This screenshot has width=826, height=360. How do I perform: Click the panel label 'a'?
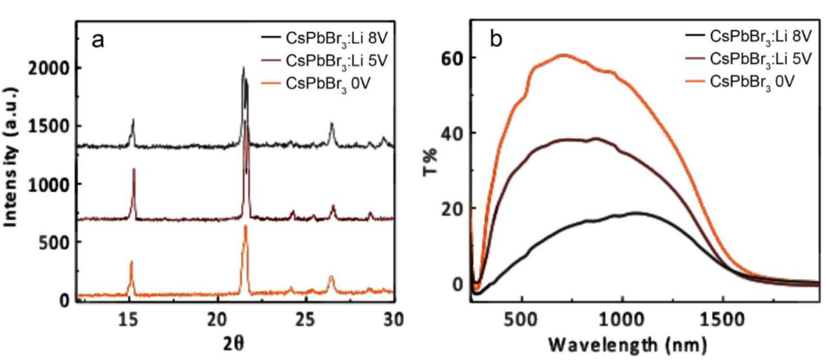point(98,41)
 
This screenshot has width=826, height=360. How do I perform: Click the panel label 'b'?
point(496,40)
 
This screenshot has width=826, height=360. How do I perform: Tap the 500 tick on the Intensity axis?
point(57,242)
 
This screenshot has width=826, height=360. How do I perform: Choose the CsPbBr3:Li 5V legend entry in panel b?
point(752,58)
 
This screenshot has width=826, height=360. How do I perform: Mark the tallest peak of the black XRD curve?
point(243,68)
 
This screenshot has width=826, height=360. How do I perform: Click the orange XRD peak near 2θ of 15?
point(131,262)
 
